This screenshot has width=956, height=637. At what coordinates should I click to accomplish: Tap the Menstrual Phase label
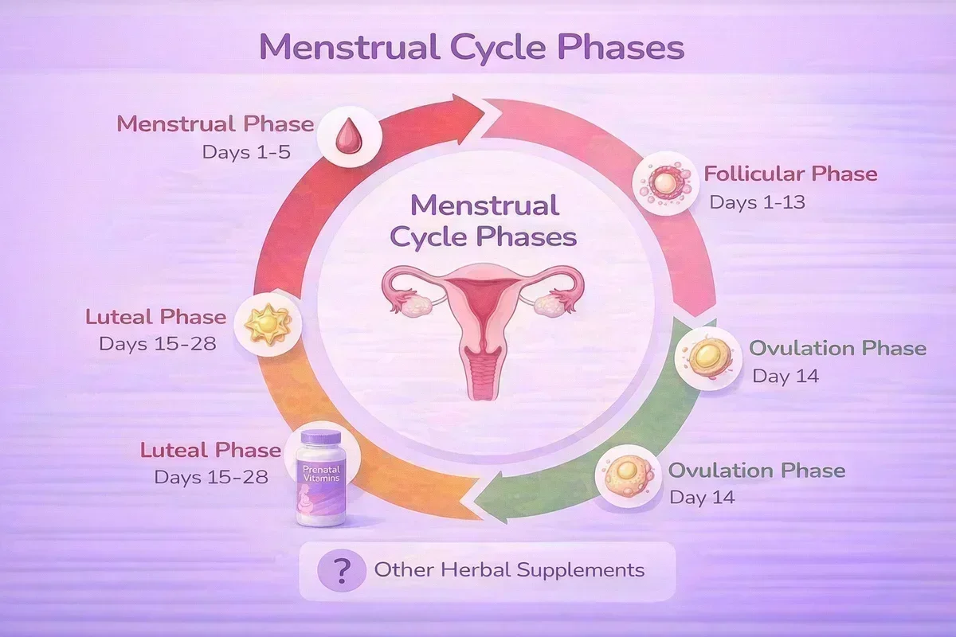[214, 124]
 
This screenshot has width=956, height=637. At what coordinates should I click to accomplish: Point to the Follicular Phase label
[789, 174]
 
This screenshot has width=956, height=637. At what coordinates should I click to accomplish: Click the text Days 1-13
[757, 202]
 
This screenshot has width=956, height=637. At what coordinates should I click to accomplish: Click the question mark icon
[341, 570]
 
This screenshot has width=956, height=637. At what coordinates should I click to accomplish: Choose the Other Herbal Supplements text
[509, 570]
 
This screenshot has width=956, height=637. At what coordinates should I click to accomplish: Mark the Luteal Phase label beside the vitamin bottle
[210, 450]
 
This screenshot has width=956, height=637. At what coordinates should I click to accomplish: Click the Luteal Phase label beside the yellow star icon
[155, 318]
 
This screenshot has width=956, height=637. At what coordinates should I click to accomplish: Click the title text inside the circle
[485, 221]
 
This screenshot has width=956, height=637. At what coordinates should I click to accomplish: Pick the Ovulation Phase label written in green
[837, 348]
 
